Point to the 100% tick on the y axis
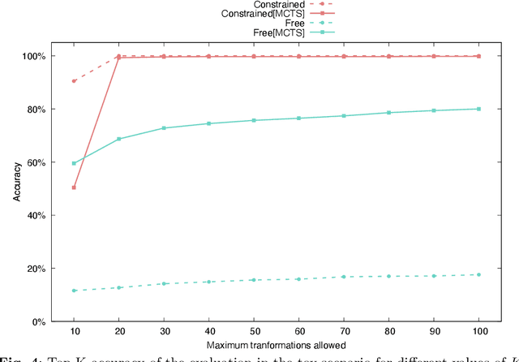pyautogui.click(x=35, y=56)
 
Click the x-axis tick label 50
pyautogui.click(x=254, y=334)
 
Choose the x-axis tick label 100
pyautogui.click(x=478, y=334)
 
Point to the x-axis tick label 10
pyautogui.click(x=74, y=334)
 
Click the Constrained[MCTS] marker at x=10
pyautogui.click(x=74, y=187)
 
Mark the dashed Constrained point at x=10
pyautogui.click(x=74, y=81)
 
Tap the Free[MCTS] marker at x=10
pyautogui.click(x=74, y=163)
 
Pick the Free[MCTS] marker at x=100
pyautogui.click(x=478, y=109)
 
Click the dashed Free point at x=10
pyautogui.click(x=74, y=291)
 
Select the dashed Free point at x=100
pyautogui.click(x=478, y=274)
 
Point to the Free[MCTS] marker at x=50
pyautogui.click(x=254, y=120)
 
